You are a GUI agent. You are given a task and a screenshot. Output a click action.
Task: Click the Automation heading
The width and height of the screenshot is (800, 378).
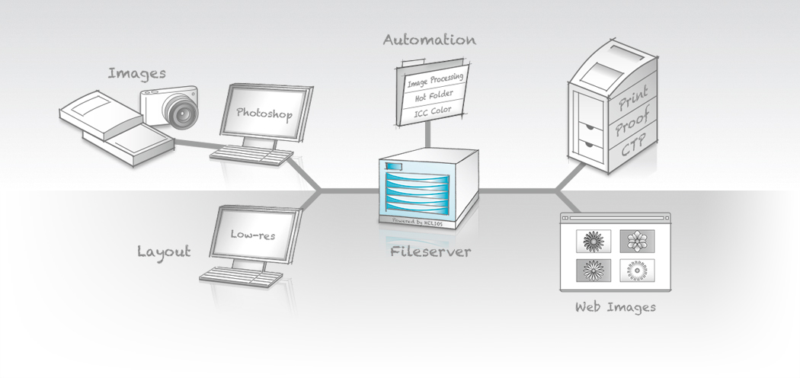point(429,40)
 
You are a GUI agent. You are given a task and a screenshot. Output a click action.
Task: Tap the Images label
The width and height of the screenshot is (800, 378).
point(136,74)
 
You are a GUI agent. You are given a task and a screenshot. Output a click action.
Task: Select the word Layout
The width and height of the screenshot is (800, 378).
point(163,251)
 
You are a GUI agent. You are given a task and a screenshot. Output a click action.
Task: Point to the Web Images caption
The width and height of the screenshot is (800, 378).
point(615,307)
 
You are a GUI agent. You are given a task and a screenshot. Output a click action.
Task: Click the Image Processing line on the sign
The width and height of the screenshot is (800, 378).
point(435,80)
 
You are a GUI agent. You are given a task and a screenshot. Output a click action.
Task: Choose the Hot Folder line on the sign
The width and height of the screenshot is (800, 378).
point(433,96)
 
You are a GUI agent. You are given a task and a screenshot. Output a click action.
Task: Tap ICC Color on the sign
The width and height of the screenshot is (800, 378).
point(432,111)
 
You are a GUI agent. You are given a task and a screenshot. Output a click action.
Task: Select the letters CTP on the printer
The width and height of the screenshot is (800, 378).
point(632,146)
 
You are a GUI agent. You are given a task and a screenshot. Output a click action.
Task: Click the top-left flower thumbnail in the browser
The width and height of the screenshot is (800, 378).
point(594,242)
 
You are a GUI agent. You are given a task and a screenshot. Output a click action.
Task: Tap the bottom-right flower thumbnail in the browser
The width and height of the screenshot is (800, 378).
point(636,270)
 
